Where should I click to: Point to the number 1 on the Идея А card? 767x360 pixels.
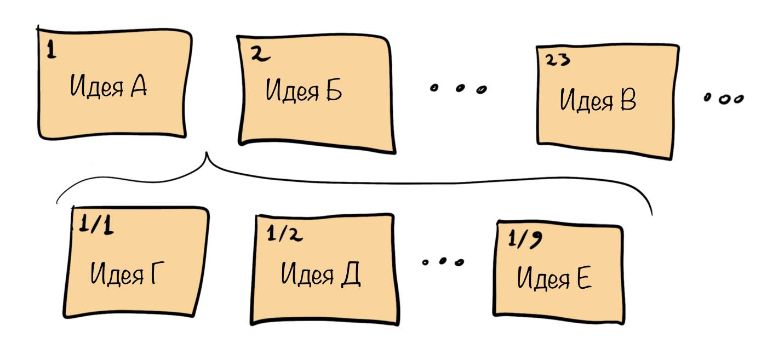coord(50,52)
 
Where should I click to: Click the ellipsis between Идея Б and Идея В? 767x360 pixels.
coord(458,88)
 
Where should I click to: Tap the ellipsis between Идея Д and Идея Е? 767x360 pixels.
coord(443,261)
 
